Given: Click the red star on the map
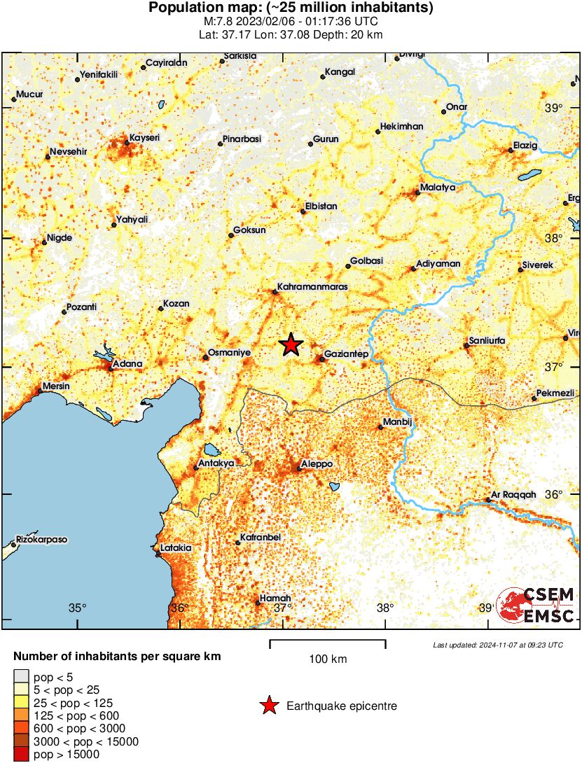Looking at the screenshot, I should pyautogui.click(x=291, y=344).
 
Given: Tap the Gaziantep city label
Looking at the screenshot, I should pyautogui.click(x=347, y=354).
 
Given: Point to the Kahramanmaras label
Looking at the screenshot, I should pyautogui.click(x=312, y=287).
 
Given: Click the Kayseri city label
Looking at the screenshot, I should pyautogui.click(x=145, y=138).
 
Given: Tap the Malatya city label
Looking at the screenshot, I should pyautogui.click(x=438, y=188).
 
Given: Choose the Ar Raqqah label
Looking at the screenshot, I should pyautogui.click(x=513, y=494).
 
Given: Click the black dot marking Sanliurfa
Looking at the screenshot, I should pyautogui.click(x=466, y=345).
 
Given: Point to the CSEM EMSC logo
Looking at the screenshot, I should pyautogui.click(x=536, y=605).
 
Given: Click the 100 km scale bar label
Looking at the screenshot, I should pyautogui.click(x=328, y=659).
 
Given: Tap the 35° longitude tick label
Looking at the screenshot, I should pyautogui.click(x=77, y=608).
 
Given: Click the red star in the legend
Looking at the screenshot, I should pyautogui.click(x=268, y=706).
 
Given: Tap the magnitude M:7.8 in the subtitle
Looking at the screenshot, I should pyautogui.click(x=219, y=21).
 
